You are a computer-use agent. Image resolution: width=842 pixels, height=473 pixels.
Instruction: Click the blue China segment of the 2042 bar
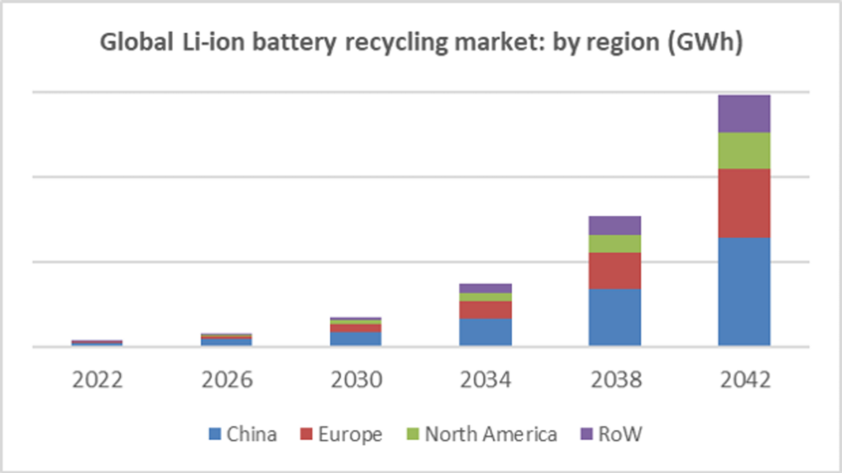(x=744, y=291)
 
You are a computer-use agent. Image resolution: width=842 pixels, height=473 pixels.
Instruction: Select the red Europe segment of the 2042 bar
(x=744, y=203)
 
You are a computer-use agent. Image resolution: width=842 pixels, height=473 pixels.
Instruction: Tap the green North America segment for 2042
(x=744, y=150)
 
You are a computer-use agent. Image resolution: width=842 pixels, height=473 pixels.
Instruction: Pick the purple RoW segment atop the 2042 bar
(x=744, y=113)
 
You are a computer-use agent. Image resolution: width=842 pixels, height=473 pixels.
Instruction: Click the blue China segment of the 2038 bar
(x=615, y=316)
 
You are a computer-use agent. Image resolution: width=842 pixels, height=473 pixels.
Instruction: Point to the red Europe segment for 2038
(x=615, y=270)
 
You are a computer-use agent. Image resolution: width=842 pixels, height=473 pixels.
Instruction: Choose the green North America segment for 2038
(x=615, y=243)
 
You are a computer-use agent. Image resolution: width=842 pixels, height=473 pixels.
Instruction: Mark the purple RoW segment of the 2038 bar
(x=615, y=225)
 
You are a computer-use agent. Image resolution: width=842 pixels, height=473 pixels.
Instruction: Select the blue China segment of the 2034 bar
(x=485, y=332)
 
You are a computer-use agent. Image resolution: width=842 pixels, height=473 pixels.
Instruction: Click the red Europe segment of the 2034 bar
(x=485, y=310)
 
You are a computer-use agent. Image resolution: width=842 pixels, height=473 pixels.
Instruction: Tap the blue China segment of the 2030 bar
(x=355, y=338)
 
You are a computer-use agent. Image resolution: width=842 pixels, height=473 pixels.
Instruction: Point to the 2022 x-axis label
(x=97, y=380)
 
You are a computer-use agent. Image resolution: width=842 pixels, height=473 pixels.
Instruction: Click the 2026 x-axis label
(x=226, y=380)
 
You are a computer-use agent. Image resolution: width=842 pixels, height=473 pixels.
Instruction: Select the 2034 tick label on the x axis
(x=485, y=380)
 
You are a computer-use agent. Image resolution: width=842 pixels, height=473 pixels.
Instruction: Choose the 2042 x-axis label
(x=744, y=380)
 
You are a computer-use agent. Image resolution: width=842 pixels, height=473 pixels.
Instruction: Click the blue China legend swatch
(x=216, y=434)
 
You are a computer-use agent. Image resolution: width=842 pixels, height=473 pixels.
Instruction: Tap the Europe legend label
(x=349, y=434)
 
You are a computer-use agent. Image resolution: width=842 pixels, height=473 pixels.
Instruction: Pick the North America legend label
(x=491, y=434)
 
